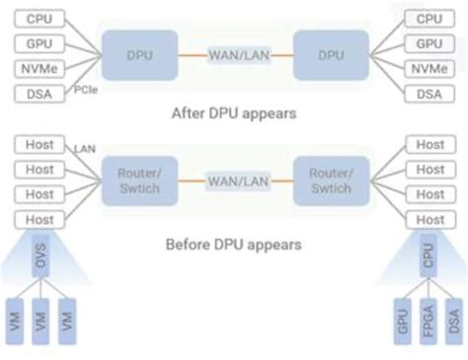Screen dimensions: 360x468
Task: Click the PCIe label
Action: [x=86, y=89]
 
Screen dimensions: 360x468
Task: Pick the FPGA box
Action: [x=429, y=322]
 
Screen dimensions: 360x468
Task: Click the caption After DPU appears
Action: [x=234, y=112]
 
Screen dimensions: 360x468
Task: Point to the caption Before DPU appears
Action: [x=233, y=243]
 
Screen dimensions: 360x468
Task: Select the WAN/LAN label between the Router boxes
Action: [x=234, y=180]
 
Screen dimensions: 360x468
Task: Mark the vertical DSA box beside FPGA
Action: [x=453, y=322]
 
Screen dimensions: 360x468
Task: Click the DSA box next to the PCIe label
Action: [x=39, y=94]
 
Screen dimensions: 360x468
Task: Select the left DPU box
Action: [x=139, y=53]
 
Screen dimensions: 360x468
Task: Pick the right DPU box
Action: [x=330, y=53]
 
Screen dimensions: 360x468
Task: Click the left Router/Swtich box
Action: [x=139, y=180]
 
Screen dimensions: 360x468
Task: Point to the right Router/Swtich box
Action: [x=330, y=180]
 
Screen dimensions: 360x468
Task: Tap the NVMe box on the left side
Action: [x=39, y=69]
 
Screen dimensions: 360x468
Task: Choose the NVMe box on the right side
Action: [x=429, y=69]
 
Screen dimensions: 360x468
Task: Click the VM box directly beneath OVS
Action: [x=41, y=322]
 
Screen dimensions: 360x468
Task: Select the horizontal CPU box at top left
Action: [x=39, y=19]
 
